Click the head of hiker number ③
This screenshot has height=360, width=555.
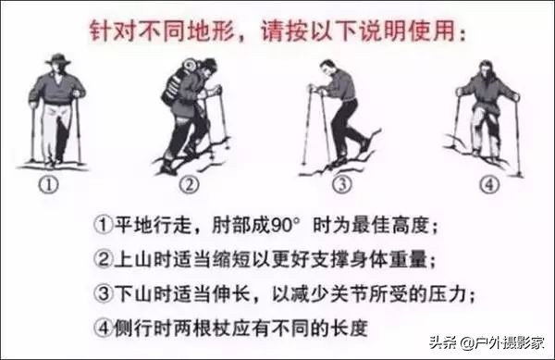(x=330, y=68)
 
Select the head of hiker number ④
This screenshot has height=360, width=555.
(x=485, y=68)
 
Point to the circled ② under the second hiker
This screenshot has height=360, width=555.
(x=190, y=184)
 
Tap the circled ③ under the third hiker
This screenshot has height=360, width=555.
(x=341, y=184)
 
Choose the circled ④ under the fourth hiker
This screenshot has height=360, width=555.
(x=486, y=184)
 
